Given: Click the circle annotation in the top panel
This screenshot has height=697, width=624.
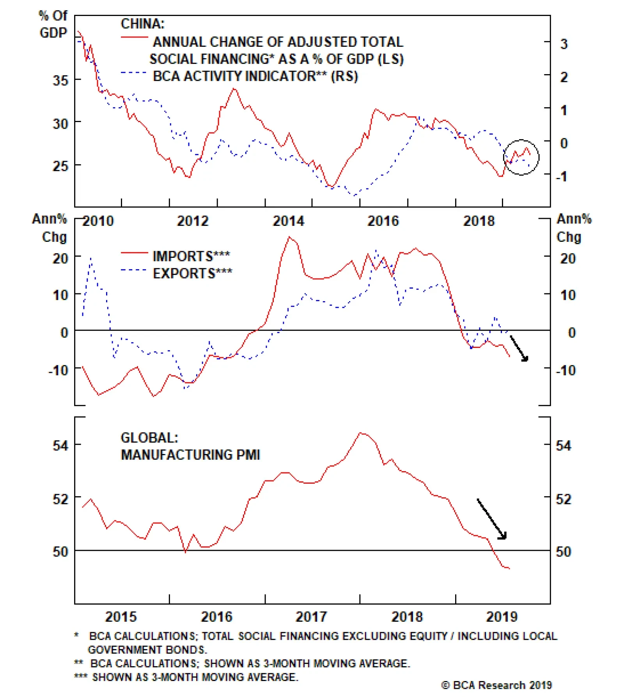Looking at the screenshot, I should pos(521,157).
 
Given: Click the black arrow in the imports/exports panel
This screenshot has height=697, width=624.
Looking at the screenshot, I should pos(519,348).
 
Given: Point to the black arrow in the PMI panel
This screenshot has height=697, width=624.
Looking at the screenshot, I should pos(492,519).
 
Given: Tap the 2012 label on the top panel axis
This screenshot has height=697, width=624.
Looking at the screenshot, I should pos(193,221).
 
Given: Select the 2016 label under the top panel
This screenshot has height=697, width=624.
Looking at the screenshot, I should pos(383,221).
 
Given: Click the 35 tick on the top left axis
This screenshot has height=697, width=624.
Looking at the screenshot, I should pos(60,80).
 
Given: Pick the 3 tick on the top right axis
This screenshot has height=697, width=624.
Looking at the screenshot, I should pos(564,44).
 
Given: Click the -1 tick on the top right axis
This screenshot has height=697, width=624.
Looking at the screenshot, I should pos(562,176).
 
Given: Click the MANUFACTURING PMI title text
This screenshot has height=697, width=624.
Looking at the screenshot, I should pos(190,455).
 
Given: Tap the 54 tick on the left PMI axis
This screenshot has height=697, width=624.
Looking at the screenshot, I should pos(60,445).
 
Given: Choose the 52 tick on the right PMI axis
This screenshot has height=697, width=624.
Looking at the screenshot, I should pos(564,499).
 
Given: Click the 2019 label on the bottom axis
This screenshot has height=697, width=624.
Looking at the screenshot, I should pos(502,617).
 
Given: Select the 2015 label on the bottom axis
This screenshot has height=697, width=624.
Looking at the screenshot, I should pos(121,617).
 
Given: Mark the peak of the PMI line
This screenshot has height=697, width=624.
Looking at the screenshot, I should pos(361,433).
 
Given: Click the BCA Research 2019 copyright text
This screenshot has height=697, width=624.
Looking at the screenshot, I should pos(496,685).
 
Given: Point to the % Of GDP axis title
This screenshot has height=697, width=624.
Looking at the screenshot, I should pos(53,24).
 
